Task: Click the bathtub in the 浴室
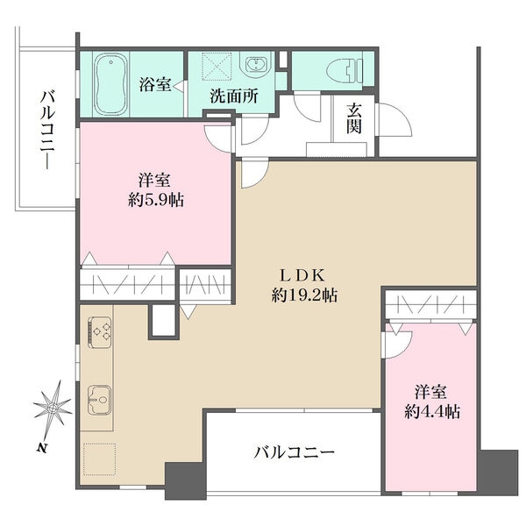(x=110, y=84)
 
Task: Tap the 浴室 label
(x=155, y=84)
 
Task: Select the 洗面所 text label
(x=234, y=96)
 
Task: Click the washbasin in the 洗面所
(x=257, y=65)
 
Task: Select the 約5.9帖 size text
(x=156, y=201)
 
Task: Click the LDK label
(x=303, y=276)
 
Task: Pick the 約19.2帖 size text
(x=304, y=295)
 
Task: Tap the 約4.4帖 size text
(x=432, y=411)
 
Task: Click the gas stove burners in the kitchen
(x=100, y=331)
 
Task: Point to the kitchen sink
(x=99, y=399)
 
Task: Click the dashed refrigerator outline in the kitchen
(x=100, y=458)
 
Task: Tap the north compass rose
(x=53, y=408)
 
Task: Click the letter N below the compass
(x=41, y=447)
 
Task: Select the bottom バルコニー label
(x=294, y=453)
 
